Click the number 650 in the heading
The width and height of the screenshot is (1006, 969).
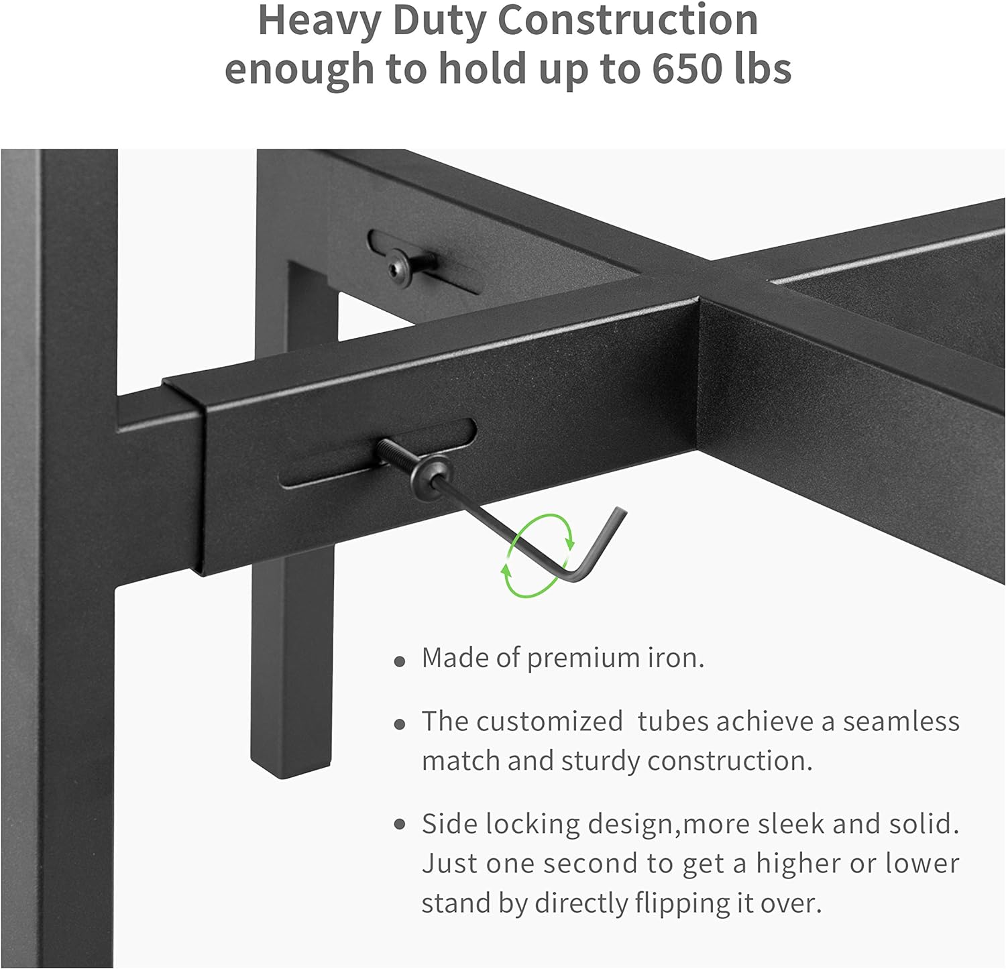point(687,68)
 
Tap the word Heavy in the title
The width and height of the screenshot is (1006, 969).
point(319,21)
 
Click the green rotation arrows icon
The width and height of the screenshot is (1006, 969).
point(538,555)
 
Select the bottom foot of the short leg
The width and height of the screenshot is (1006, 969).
point(292,768)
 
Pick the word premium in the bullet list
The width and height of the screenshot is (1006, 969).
point(583,659)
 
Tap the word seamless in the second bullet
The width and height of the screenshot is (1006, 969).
point(901,722)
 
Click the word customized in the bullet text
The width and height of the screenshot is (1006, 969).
point(549,722)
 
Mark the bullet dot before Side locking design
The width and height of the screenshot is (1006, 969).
point(400,824)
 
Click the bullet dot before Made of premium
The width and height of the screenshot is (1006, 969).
point(400,662)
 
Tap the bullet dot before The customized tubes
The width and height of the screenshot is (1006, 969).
point(400,725)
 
